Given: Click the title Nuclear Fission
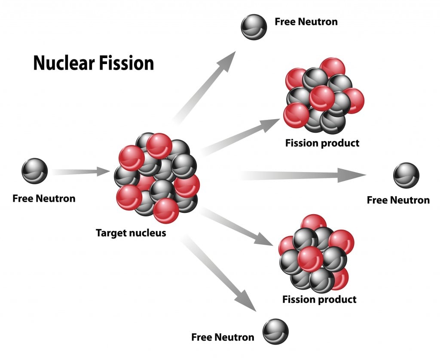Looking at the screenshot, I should pyautogui.click(x=94, y=64).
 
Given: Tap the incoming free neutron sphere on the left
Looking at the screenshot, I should pyautogui.click(x=34, y=171).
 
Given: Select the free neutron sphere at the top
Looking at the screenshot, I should pyautogui.click(x=254, y=27).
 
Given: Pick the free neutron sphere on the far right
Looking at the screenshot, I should pyautogui.click(x=406, y=175).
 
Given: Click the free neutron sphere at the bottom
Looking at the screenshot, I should pyautogui.click(x=275, y=332).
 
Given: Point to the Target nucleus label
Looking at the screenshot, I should pyautogui.click(x=131, y=233).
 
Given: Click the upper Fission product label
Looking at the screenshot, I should pyautogui.click(x=322, y=143).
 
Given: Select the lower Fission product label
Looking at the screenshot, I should pyautogui.click(x=319, y=299).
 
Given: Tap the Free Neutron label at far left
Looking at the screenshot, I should pyautogui.click(x=44, y=198).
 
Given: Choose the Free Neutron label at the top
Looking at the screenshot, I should pyautogui.click(x=306, y=22).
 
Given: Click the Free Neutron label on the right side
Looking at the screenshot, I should pyautogui.click(x=398, y=200).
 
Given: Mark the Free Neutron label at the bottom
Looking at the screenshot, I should pyautogui.click(x=223, y=337).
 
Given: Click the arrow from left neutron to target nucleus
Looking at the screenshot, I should pyautogui.click(x=82, y=172).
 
